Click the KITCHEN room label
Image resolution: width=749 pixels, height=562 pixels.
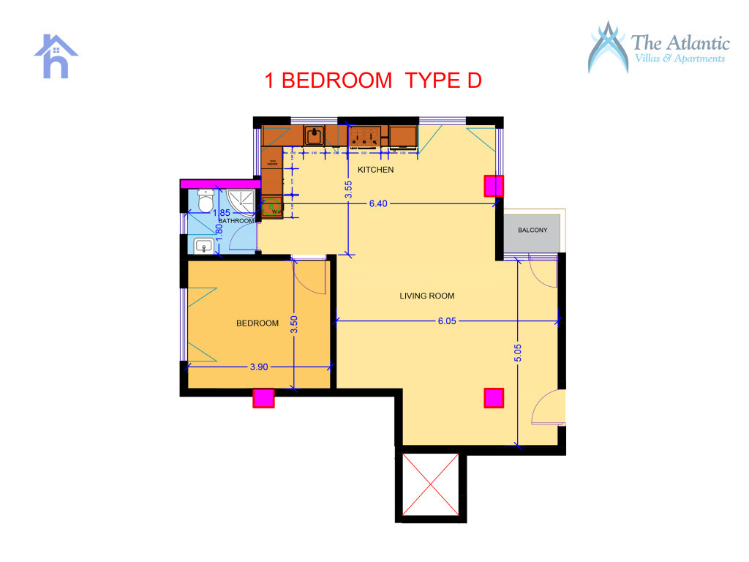375,170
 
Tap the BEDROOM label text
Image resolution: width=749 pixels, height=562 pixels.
257,323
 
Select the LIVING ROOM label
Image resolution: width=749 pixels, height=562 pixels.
427,296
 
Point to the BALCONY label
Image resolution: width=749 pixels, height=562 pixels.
532,231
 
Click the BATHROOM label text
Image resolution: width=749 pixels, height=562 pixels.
236,220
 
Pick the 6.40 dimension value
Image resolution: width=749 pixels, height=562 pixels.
378,203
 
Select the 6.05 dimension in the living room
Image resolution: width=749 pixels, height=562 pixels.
447,321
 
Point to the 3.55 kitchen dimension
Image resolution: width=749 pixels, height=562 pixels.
349,190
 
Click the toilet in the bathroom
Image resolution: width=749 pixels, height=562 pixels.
206,200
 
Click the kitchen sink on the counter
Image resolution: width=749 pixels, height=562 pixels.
315,135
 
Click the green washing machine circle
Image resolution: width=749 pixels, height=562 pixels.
272,208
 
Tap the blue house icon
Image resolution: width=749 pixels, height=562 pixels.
56,56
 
